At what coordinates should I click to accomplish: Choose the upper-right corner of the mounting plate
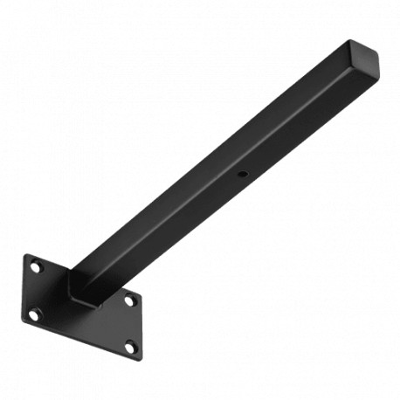(140, 293)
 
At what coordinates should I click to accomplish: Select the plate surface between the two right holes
(129, 324)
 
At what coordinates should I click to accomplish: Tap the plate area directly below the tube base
(87, 323)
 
